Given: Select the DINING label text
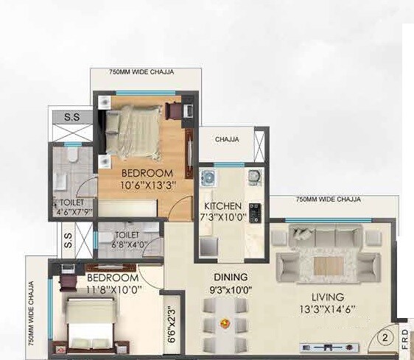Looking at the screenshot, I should pos(231,277).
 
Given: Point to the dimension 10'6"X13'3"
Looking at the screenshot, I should pos(149,185).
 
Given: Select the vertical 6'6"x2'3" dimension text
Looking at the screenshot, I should pos(171,326).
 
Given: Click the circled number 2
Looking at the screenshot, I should pos(385,339).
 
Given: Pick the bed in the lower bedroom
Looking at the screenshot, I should pos(89,323).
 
